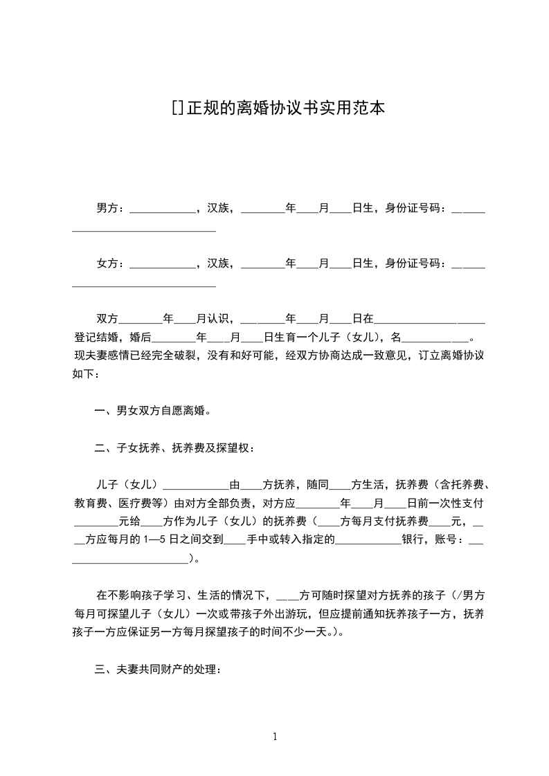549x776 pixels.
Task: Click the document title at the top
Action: point(278,108)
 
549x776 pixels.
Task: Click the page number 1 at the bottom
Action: point(275,737)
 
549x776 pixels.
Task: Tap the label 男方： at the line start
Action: point(111,207)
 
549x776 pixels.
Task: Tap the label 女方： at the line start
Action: point(111,263)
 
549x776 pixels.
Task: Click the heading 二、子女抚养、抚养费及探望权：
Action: point(175,447)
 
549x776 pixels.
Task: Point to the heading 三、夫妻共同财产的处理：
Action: point(159,669)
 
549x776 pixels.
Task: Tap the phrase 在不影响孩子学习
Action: point(141,594)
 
